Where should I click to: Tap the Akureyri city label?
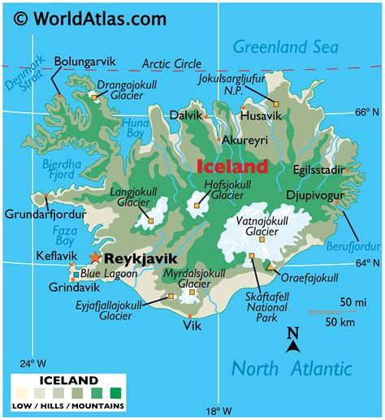point(244,139)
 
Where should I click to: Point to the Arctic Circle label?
point(171,63)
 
